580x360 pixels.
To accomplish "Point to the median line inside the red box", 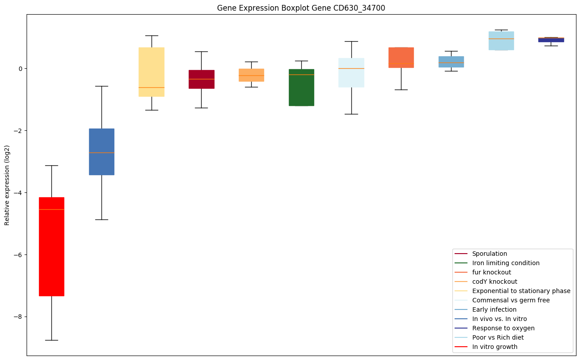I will (x=51, y=209).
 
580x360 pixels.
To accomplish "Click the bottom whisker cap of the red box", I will (x=51, y=340).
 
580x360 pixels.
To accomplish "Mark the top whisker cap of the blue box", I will (x=101, y=86).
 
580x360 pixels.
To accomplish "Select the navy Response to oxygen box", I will (x=551, y=40).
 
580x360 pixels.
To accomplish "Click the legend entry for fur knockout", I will (x=491, y=272).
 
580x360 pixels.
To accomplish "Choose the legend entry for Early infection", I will (x=494, y=309).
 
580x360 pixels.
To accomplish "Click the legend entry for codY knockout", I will (x=494, y=282).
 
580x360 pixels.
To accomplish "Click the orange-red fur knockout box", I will (x=401, y=58).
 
